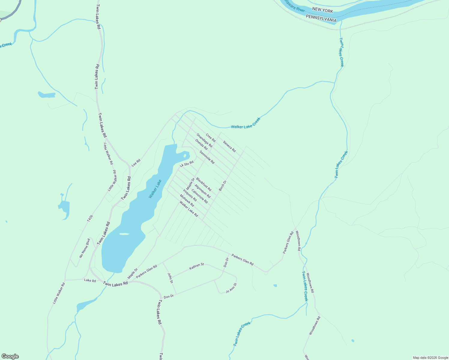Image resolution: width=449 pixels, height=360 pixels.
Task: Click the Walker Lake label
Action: (x=155, y=189)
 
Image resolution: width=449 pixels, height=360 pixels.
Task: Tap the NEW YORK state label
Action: (x=322, y=10)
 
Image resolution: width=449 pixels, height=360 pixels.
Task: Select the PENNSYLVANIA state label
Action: (x=321, y=18)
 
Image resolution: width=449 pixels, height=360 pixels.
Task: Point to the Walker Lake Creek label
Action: (x=246, y=123)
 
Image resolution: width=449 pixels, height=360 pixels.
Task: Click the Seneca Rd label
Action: (x=229, y=146)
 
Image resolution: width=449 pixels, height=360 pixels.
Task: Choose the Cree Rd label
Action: (x=211, y=138)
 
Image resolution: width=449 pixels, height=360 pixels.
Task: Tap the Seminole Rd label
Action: (x=207, y=157)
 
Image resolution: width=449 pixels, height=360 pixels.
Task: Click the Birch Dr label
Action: (x=222, y=186)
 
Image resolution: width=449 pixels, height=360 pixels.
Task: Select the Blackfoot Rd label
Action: (x=204, y=184)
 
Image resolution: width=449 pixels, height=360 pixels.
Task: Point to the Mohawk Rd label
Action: (x=187, y=201)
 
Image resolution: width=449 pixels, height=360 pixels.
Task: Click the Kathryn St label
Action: (x=197, y=266)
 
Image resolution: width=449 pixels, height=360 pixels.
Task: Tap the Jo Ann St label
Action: (x=231, y=288)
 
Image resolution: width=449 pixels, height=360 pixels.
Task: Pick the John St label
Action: (x=170, y=278)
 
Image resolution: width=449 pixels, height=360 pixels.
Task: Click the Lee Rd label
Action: (x=136, y=163)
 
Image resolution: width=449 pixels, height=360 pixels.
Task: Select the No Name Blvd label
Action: (x=85, y=248)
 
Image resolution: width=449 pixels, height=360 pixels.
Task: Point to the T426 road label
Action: (x=90, y=218)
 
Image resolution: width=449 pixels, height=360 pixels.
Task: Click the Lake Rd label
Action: (x=90, y=280)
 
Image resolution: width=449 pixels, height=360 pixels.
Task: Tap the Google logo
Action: (x=10, y=356)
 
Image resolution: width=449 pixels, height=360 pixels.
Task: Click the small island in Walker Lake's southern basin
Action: (x=124, y=234)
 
